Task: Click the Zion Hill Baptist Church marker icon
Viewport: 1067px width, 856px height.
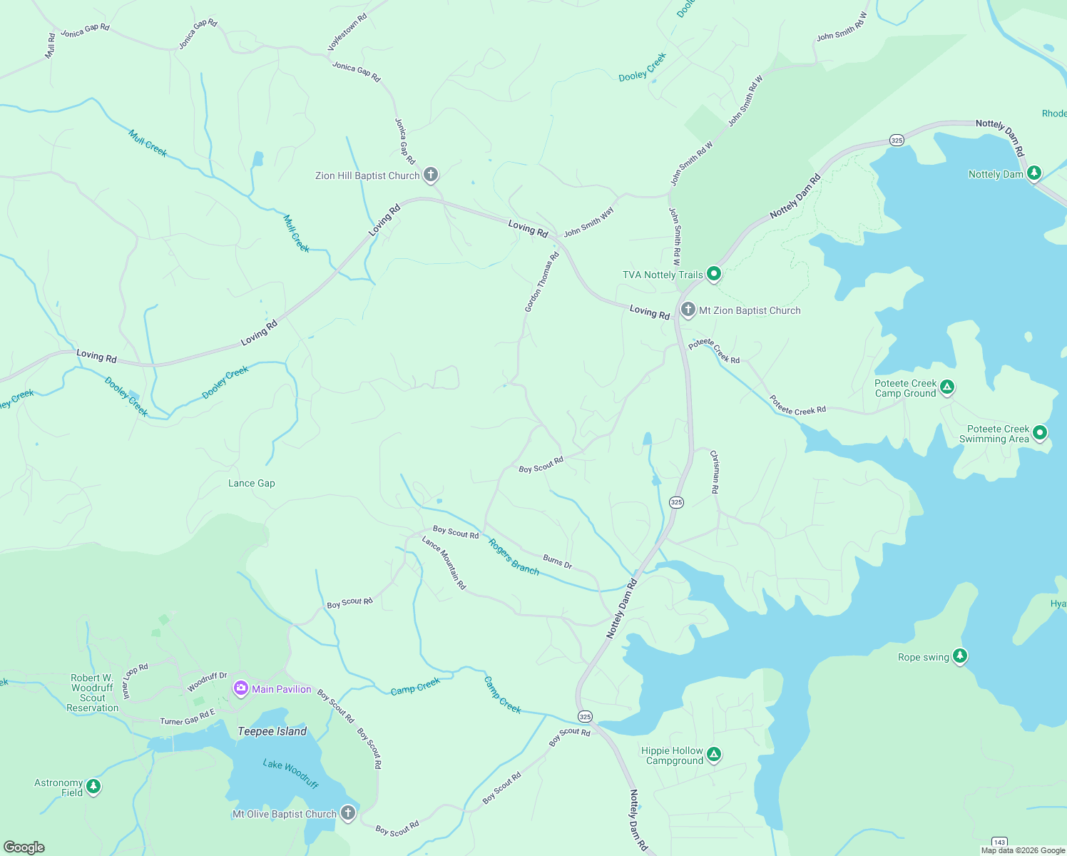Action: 431,175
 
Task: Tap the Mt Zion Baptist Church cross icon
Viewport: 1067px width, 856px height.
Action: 688,310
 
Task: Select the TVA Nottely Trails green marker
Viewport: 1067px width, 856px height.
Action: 713,274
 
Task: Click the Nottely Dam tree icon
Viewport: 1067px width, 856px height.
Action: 1034,173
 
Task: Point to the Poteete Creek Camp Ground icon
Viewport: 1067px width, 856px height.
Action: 946,387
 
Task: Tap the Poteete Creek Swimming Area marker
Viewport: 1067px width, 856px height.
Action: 1040,432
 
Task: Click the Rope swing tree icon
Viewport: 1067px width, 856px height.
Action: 960,656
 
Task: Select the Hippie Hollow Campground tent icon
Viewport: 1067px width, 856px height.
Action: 714,754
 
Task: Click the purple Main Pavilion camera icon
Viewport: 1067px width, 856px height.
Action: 241,688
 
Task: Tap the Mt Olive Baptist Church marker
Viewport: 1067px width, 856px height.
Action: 347,812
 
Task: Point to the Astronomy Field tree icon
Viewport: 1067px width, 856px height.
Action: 93,787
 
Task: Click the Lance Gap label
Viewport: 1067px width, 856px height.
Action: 251,483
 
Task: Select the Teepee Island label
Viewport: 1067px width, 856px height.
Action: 272,731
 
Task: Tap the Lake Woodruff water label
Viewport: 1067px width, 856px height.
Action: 290,773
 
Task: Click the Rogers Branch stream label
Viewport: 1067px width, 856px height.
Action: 514,556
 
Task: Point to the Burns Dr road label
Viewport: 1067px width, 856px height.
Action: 557,561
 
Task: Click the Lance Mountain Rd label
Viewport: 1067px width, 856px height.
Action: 444,562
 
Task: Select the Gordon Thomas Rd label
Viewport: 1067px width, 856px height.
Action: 542,282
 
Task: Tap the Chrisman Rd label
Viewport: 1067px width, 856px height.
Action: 715,472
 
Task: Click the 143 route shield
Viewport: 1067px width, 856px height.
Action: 1000,842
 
